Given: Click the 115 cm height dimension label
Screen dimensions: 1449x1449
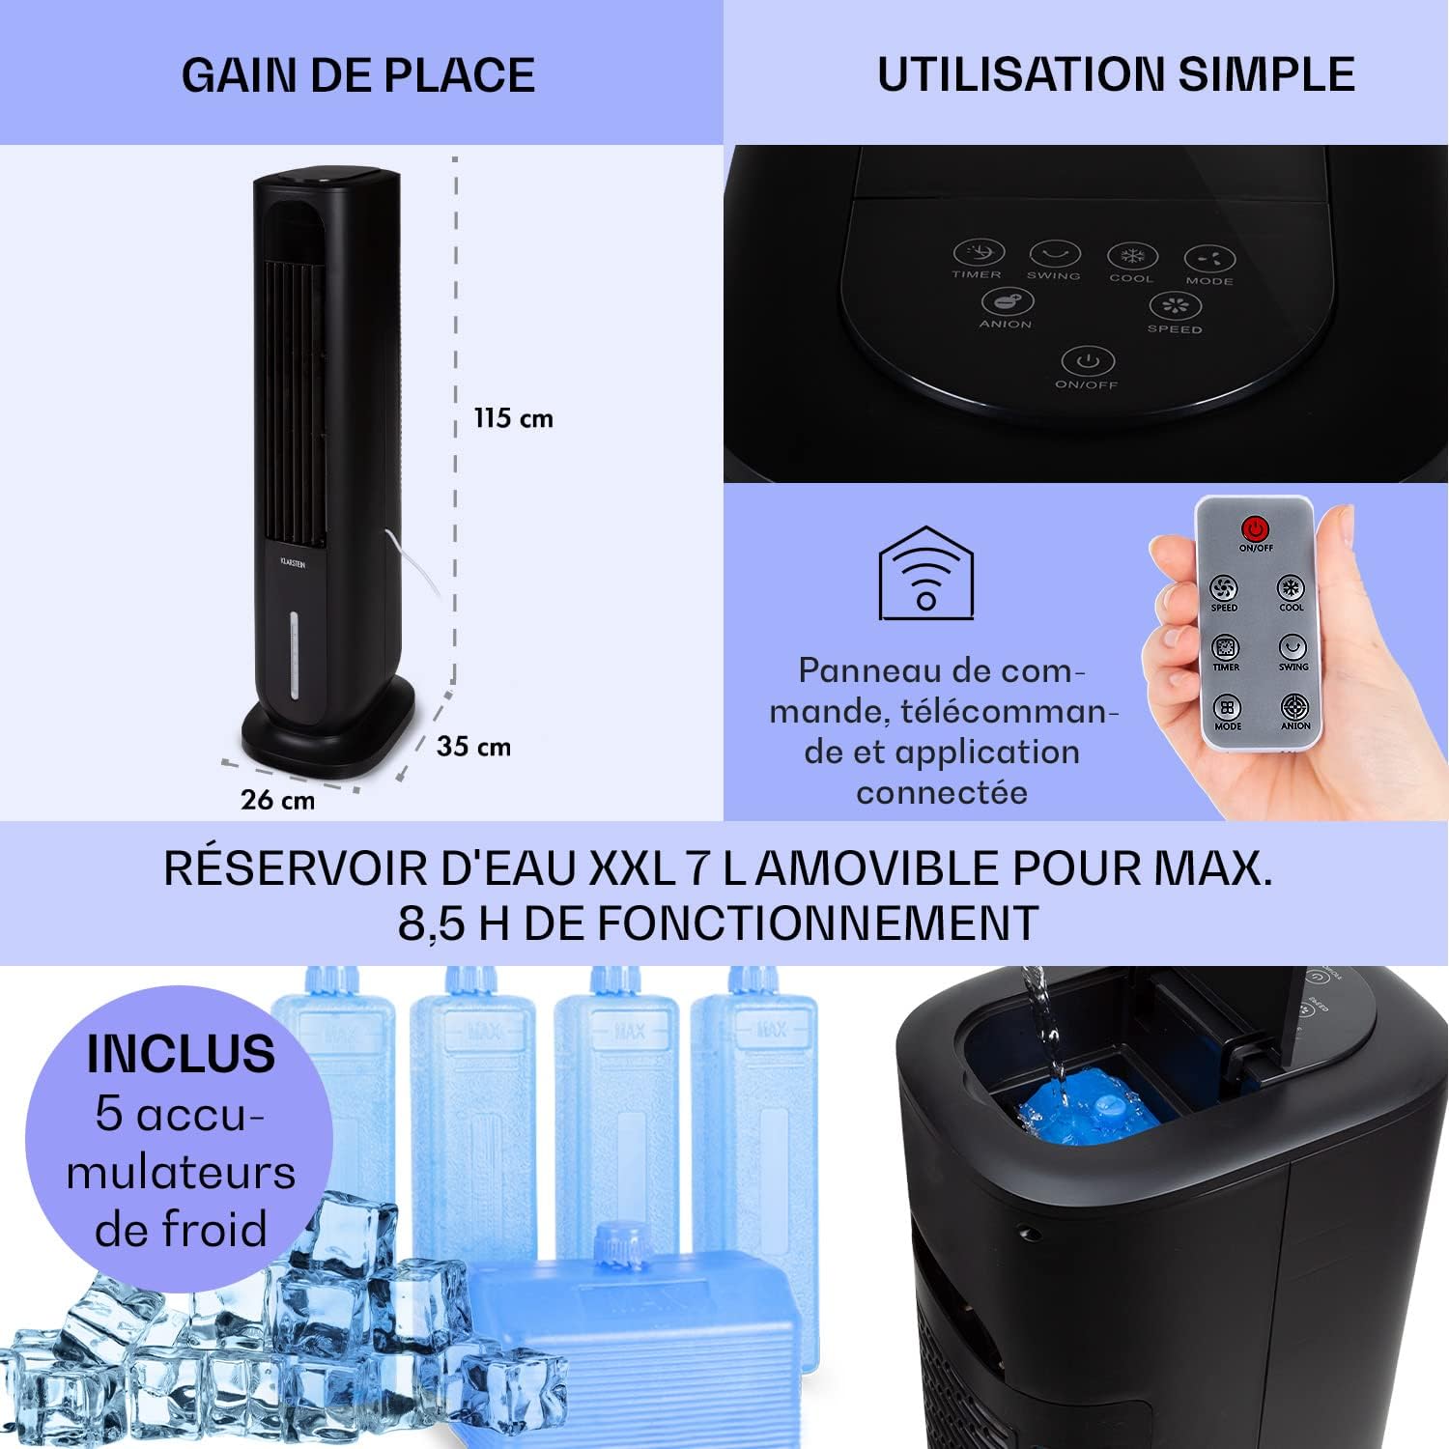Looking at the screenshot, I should pyautogui.click(x=513, y=418).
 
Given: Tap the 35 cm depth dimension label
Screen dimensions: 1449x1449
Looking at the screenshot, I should pyautogui.click(x=473, y=747).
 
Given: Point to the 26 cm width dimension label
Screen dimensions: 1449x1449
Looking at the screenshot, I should pyautogui.click(x=277, y=800).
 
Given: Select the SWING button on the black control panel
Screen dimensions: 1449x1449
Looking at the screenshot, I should pyautogui.click(x=1054, y=255).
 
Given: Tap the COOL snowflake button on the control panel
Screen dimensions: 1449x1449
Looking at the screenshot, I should pyautogui.click(x=1131, y=257).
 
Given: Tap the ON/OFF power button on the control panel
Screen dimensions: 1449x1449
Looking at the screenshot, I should pyautogui.click(x=1088, y=362).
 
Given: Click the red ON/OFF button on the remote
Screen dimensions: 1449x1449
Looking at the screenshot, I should pyautogui.click(x=1255, y=529).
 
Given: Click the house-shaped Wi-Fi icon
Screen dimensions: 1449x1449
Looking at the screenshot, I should pyautogui.click(x=925, y=574).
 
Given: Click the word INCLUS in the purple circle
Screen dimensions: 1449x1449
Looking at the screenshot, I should pyautogui.click(x=181, y=1054).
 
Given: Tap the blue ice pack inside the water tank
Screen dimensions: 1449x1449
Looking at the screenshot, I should pyautogui.click(x=1089, y=1111).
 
